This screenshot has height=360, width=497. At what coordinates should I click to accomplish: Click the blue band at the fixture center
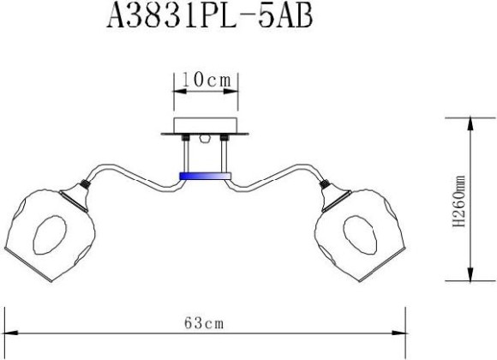tap(206, 176)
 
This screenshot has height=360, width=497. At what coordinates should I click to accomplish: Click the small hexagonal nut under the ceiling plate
tap(206, 138)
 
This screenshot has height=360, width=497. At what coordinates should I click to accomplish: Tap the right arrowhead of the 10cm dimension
tap(234, 89)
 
